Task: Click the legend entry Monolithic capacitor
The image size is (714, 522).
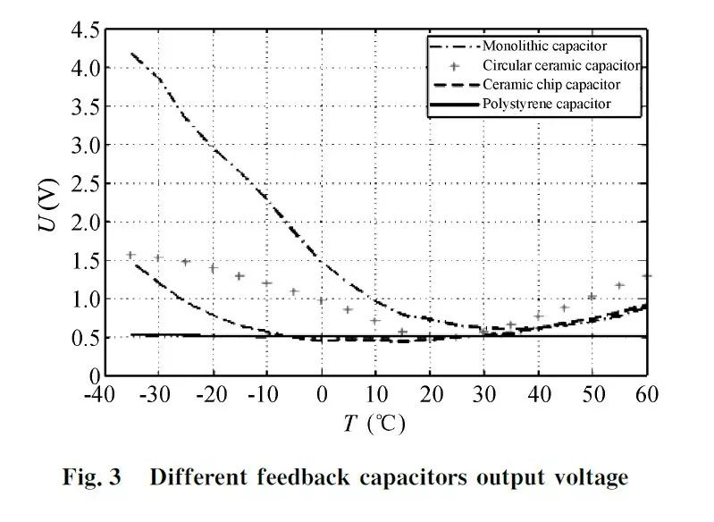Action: click(547, 45)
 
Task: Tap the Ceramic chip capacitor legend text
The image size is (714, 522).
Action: click(550, 85)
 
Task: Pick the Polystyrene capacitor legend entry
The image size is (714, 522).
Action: click(546, 105)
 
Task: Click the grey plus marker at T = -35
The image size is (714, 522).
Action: click(130, 255)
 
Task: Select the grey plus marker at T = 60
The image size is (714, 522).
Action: click(647, 276)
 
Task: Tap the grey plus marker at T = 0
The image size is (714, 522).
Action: click(322, 300)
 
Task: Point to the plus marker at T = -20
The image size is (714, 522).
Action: click(213, 268)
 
